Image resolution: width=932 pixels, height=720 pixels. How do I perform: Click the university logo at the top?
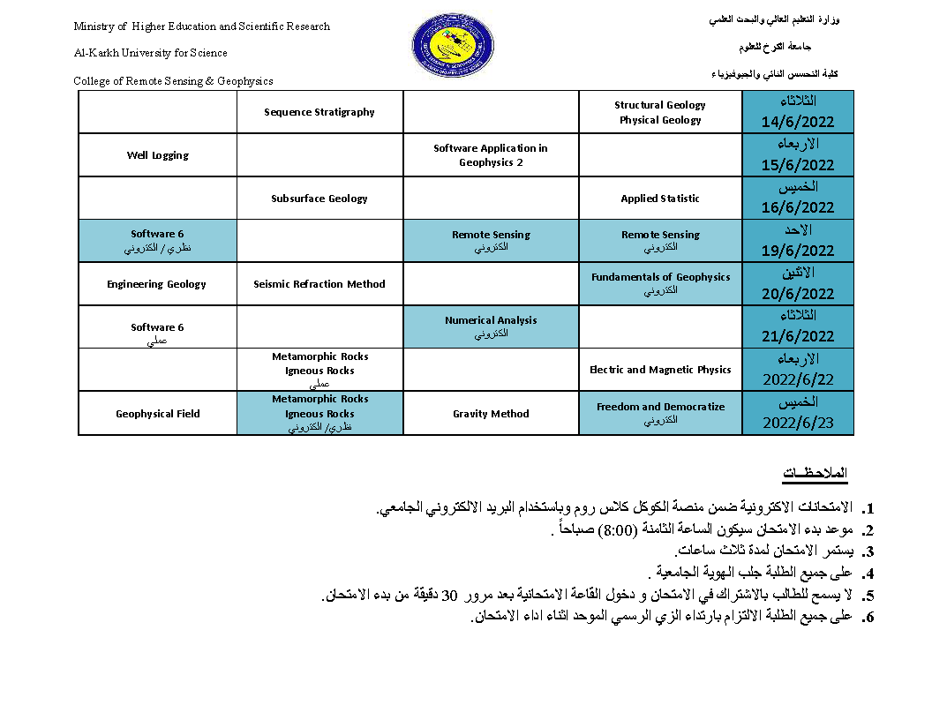(x=453, y=46)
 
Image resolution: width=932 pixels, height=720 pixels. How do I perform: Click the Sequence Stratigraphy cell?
(x=319, y=112)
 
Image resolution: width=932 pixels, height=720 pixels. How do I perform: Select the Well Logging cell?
(x=158, y=155)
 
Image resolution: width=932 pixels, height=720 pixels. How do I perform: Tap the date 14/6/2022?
(x=798, y=122)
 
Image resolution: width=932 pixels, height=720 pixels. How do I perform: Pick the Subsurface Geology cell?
(x=319, y=199)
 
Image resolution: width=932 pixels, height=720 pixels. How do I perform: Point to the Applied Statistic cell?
(x=660, y=199)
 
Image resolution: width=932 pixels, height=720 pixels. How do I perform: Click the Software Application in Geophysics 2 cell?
(x=491, y=155)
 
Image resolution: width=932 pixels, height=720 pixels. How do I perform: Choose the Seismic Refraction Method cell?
(x=319, y=284)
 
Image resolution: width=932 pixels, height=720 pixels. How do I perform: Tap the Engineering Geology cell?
(x=157, y=284)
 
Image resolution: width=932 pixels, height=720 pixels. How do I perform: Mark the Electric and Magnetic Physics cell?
(x=660, y=370)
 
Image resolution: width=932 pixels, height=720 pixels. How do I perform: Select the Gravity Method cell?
(x=491, y=414)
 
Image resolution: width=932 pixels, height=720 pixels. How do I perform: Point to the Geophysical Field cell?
(x=158, y=414)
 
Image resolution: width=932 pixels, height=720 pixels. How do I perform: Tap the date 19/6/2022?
(x=798, y=251)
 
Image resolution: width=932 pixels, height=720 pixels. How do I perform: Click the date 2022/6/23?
(x=798, y=423)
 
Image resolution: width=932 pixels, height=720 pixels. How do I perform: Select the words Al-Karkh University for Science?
(x=150, y=53)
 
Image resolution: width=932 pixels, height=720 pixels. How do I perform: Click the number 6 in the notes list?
(x=869, y=618)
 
